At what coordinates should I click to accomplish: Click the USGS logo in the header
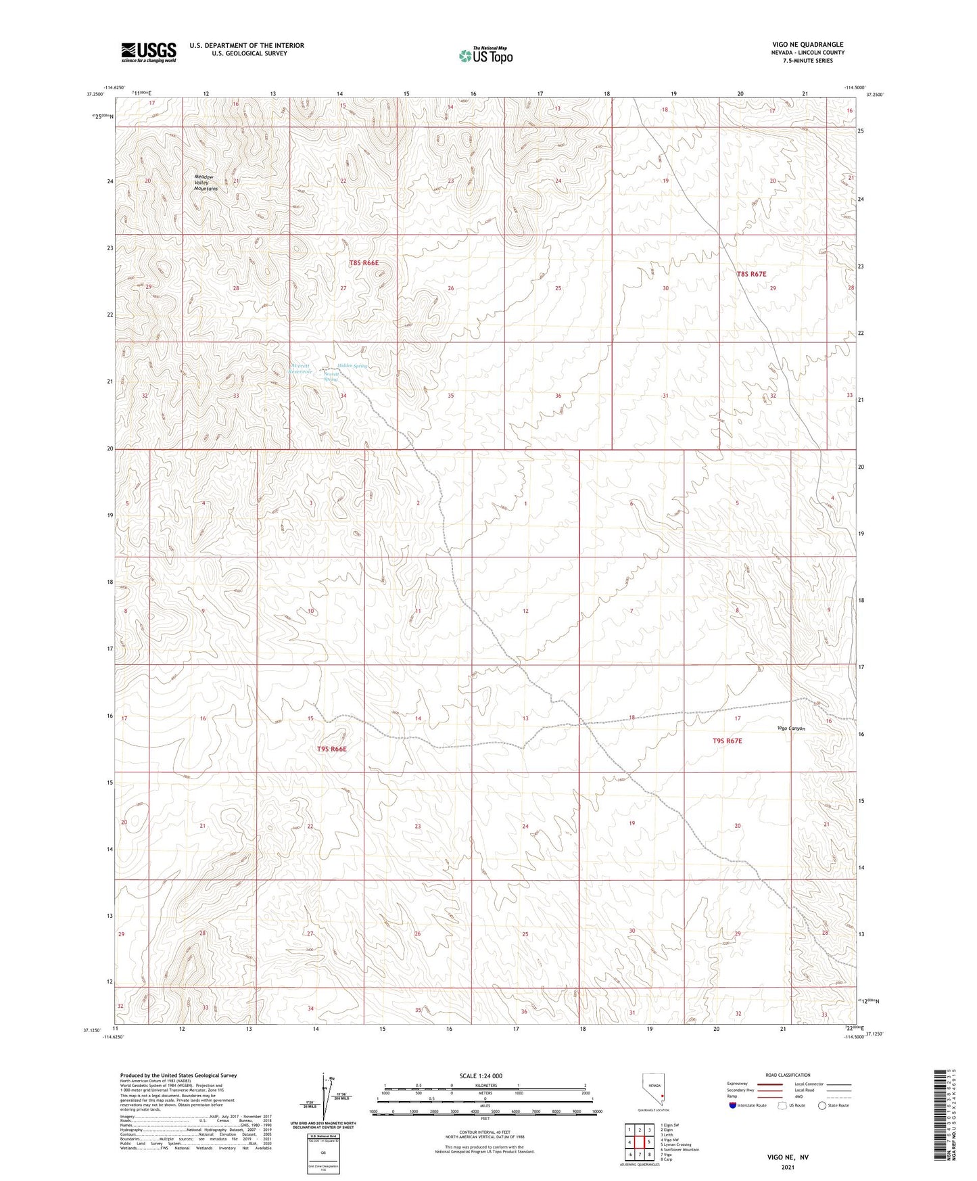click(x=149, y=52)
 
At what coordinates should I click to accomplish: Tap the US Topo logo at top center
click(x=485, y=55)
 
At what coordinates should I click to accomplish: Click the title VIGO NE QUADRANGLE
click(x=807, y=45)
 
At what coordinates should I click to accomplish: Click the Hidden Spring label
click(x=352, y=366)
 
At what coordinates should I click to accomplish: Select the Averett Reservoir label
click(x=300, y=369)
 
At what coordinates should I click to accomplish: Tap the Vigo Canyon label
click(x=792, y=728)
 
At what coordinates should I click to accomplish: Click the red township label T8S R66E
click(x=364, y=262)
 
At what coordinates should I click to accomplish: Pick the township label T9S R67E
click(x=727, y=741)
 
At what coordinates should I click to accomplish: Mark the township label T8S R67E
click(x=751, y=274)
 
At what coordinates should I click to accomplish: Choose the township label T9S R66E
click(x=331, y=749)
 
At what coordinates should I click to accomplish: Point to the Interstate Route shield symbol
click(x=733, y=1105)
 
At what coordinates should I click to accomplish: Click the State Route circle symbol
click(x=822, y=1105)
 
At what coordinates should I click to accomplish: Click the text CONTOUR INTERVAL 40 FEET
click(x=484, y=1130)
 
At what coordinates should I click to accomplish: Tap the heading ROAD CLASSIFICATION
click(x=788, y=1075)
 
